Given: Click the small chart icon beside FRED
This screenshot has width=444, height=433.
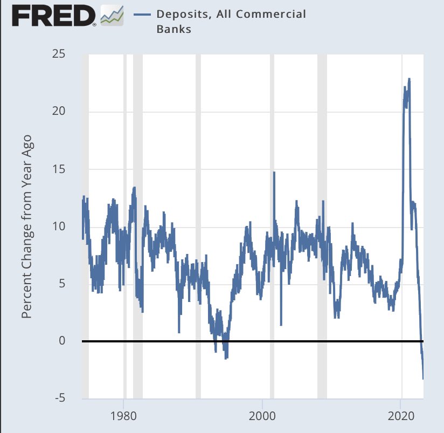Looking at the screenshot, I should point(112,16).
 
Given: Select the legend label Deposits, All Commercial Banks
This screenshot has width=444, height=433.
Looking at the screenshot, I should point(231,22).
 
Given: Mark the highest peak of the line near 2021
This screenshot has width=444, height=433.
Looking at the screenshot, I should point(410,79).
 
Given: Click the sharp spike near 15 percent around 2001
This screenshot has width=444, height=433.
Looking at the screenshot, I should point(274,173).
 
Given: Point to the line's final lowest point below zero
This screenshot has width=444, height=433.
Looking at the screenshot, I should point(423,379).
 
